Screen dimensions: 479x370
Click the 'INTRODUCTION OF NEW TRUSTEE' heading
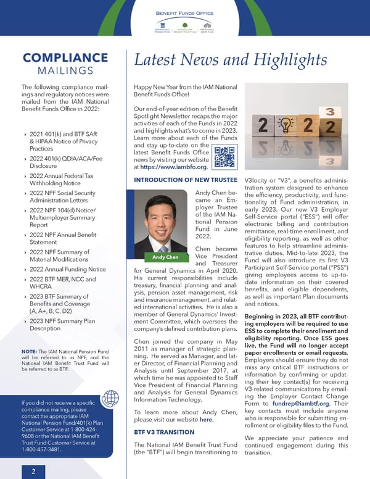click(x=185, y=180)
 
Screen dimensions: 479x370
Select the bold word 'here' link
click(x=207, y=420)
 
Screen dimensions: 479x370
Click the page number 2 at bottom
click(x=33, y=470)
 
